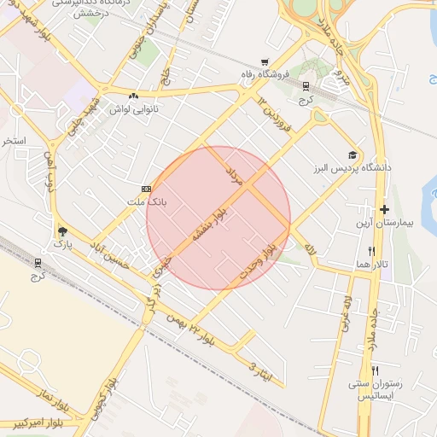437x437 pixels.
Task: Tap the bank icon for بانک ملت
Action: [147, 189]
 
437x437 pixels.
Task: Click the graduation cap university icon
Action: [351, 155]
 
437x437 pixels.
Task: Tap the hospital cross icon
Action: [384, 209]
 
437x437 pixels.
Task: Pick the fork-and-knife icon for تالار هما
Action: [371, 252]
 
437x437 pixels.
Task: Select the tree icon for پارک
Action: [61, 230]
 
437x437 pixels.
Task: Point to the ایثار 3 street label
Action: [259, 370]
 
